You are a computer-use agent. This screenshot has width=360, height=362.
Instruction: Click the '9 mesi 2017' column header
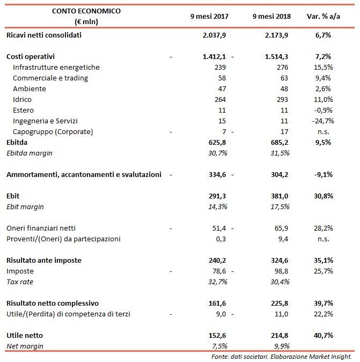click(x=209, y=16)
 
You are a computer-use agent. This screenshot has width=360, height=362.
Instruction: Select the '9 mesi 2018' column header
click(x=271, y=16)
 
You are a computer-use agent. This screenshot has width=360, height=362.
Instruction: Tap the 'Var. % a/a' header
click(x=323, y=16)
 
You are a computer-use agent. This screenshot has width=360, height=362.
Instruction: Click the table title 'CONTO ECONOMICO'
click(x=86, y=11)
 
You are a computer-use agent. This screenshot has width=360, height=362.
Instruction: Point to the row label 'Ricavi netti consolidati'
click(x=44, y=35)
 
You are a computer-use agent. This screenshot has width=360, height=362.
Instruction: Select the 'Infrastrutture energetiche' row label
click(x=56, y=67)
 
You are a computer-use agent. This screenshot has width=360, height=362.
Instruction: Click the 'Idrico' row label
click(x=22, y=99)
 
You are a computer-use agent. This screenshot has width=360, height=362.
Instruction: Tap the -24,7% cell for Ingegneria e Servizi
click(x=321, y=121)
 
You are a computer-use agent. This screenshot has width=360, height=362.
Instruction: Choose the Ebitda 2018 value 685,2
click(x=279, y=142)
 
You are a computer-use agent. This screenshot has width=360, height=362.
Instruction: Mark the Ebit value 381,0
click(x=279, y=196)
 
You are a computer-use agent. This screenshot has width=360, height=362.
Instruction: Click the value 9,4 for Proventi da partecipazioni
click(x=283, y=239)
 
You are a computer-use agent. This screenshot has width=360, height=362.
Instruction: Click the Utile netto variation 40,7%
click(x=322, y=335)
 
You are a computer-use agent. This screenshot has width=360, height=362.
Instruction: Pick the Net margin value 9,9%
click(x=281, y=346)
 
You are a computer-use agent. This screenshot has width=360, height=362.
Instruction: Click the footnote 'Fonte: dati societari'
click(x=236, y=356)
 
